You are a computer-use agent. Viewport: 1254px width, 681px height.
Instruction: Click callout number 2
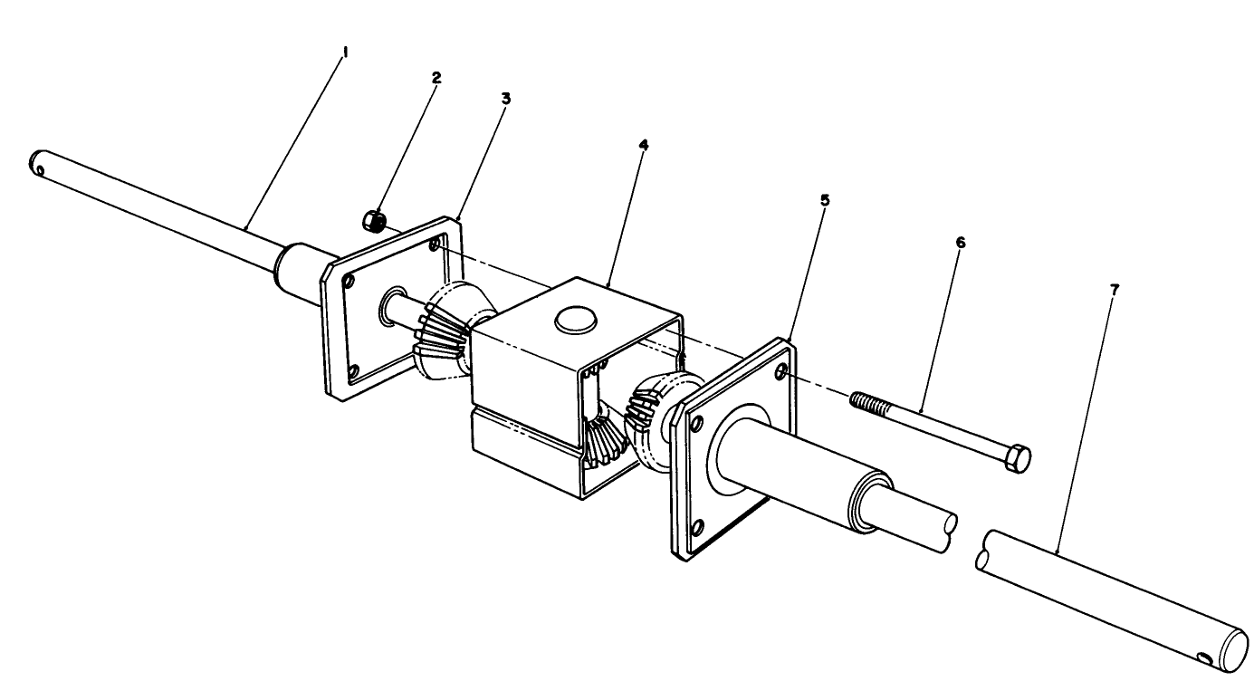pyautogui.click(x=436, y=78)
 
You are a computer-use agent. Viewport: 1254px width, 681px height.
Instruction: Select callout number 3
pyautogui.click(x=505, y=98)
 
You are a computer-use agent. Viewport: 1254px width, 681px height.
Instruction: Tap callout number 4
pyautogui.click(x=643, y=145)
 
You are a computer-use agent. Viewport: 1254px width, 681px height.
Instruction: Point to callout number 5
pyautogui.click(x=824, y=199)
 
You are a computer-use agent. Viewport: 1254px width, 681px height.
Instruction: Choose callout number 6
pyautogui.click(x=960, y=243)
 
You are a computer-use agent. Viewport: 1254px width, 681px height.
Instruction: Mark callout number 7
pyautogui.click(x=1114, y=290)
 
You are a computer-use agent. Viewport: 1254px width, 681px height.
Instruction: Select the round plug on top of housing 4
pyautogui.click(x=573, y=319)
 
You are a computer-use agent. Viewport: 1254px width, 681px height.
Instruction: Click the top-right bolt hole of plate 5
pyautogui.click(x=781, y=369)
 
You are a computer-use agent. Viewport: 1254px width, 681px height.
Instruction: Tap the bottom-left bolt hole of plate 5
pyautogui.click(x=695, y=530)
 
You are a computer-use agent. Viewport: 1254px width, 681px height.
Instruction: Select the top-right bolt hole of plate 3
pyautogui.click(x=436, y=245)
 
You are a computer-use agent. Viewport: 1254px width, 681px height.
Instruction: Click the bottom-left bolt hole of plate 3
pyautogui.click(x=353, y=369)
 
